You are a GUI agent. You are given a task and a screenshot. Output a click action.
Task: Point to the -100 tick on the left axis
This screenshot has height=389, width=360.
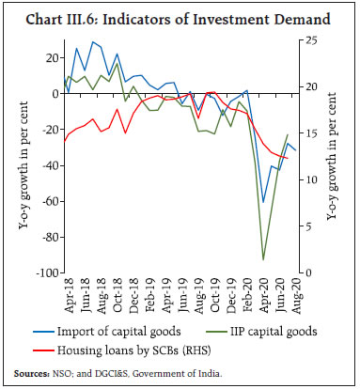point(46,274)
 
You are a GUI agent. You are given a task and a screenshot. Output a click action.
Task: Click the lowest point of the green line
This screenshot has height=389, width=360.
point(262,259)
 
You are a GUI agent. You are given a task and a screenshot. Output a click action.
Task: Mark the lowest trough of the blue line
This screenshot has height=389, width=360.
point(263,202)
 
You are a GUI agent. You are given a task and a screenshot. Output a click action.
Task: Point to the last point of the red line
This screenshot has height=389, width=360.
point(287,157)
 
